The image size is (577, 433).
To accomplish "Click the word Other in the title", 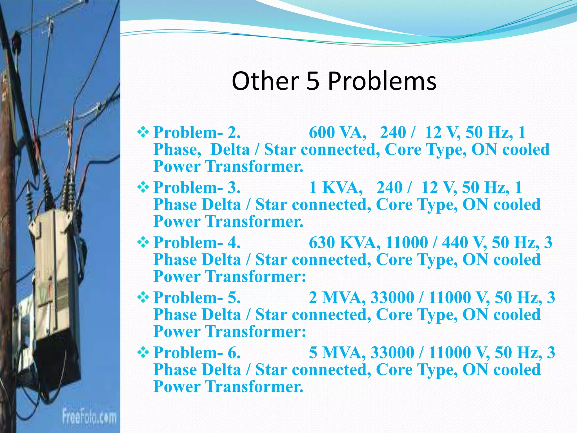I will coord(265,81).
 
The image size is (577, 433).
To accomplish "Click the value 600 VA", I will coord(337,132).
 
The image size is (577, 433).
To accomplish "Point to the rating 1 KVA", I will coord(336,187).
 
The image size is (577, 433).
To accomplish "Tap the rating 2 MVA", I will coord(337,297).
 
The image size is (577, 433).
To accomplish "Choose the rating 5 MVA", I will coord(337,352).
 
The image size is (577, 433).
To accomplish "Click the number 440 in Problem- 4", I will coord(455,242).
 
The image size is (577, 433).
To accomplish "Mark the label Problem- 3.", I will coord(197,187).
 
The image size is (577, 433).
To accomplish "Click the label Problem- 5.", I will coord(197,297).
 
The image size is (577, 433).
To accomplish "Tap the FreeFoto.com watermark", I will coord(89,417).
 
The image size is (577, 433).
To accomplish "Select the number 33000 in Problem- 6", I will coord(392,352).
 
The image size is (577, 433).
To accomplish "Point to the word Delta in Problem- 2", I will coord(230,149).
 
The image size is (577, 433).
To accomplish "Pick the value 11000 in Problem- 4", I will coord(407,242).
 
